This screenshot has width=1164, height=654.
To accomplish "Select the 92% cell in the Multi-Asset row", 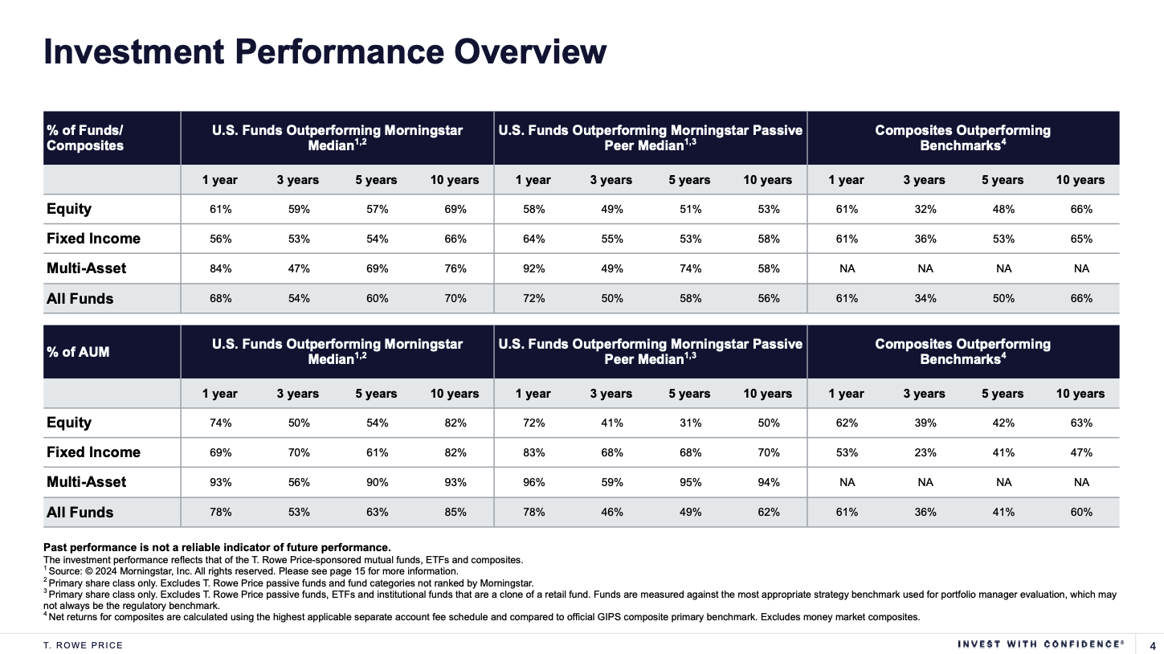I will click(533, 268).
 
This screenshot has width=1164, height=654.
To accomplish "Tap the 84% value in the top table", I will click(220, 268).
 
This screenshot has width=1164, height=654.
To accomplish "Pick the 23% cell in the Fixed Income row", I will click(925, 452).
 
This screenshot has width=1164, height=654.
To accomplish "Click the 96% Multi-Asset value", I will click(533, 482).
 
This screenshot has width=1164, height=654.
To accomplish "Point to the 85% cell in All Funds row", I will click(455, 512).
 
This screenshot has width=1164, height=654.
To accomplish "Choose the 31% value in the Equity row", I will click(690, 423).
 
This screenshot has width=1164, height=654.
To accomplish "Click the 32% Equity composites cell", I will click(925, 209).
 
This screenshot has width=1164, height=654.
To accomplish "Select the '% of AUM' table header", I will click(78, 352).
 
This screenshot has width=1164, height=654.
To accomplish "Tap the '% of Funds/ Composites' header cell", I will click(85, 137).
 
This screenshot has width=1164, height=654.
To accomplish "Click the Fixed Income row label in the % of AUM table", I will click(93, 452).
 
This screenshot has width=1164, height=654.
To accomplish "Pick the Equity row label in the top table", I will click(69, 209).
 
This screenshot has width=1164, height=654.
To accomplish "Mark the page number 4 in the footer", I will click(1153, 645).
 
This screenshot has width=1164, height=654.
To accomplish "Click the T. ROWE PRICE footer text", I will click(84, 645).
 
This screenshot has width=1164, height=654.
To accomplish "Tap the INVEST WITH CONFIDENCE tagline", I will click(1040, 644).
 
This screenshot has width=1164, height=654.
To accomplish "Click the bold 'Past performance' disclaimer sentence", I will click(217, 547).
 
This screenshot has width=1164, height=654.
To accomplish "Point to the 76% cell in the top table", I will click(455, 268).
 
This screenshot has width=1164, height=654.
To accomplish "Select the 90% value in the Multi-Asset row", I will click(376, 482).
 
